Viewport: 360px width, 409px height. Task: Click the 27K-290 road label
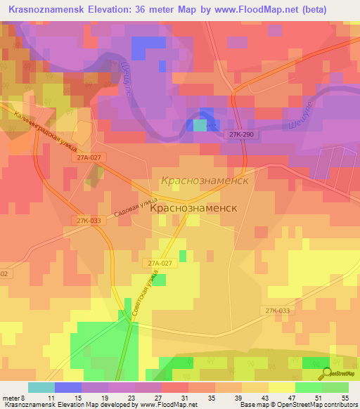pyautogui.click(x=240, y=133)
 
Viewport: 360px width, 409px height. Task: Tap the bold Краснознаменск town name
pyautogui.click(x=193, y=208)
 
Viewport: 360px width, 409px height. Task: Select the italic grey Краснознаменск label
pyautogui.click(x=205, y=181)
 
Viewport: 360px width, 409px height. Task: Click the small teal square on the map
pyautogui.click(x=200, y=125)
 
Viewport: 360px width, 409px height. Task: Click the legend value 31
pyautogui.click(x=184, y=398)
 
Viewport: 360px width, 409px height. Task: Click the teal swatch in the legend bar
pyautogui.click(x=41, y=387)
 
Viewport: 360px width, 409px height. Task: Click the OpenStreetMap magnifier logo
pyautogui.click(x=326, y=375)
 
